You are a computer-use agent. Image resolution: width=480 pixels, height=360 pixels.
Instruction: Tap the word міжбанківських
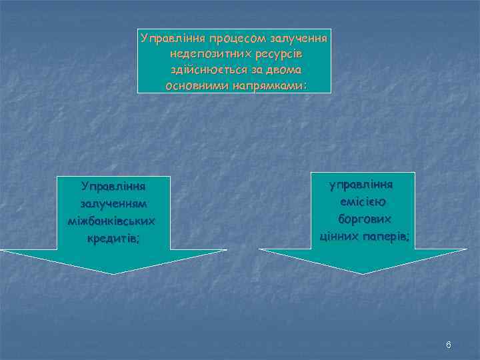point(113,220)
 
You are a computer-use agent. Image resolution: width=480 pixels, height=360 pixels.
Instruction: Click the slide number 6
point(449,345)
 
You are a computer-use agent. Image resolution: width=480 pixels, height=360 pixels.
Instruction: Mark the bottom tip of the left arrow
point(113,273)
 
